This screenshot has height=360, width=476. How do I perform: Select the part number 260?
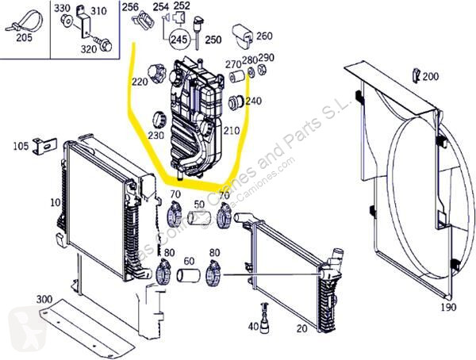(264, 35)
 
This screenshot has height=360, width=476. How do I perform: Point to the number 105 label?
(21, 146)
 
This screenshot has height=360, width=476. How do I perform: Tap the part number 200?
(431, 76)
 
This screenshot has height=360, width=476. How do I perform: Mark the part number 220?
(140, 82)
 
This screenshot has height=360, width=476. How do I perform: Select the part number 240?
(253, 101)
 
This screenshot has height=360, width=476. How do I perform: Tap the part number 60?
(189, 260)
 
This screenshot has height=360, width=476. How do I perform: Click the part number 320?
(88, 48)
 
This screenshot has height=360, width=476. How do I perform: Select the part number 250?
(212, 40)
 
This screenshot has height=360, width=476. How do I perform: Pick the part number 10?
(55, 202)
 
